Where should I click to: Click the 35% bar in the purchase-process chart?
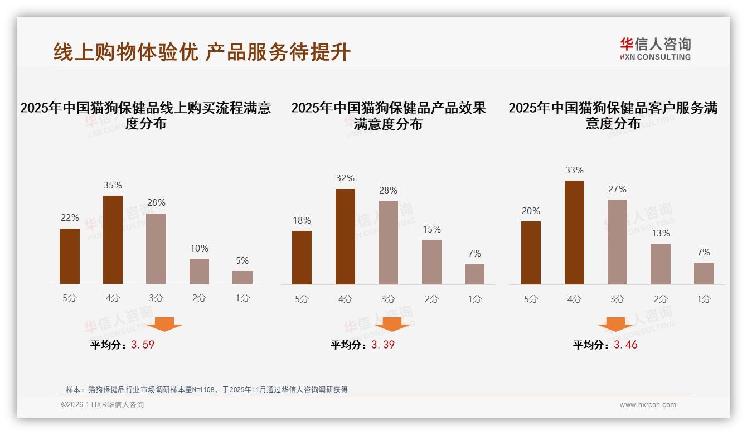tap(113, 240)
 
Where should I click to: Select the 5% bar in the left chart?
tap(242, 277)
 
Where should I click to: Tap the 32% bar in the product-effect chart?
tap(345, 236)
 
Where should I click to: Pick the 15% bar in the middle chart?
tap(431, 262)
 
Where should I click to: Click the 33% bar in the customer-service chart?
tap(574, 233)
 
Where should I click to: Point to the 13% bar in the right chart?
tap(661, 264)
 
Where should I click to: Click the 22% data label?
tap(70, 217)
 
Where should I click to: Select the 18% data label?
tap(302, 220)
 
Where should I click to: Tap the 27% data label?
tap(617, 189)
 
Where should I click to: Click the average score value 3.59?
tap(143, 345)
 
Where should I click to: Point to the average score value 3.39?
tap(383, 345)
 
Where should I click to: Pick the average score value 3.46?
tap(625, 345)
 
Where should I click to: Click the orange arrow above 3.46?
tap(615, 325)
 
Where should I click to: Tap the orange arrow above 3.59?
tap(164, 324)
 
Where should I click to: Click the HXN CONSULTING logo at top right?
tap(656, 49)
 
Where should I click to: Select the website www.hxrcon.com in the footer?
tap(648, 405)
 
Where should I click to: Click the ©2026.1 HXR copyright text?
tap(102, 405)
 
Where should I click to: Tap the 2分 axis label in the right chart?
tap(661, 299)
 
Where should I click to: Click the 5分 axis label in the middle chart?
tap(302, 299)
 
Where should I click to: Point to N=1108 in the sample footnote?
tap(204, 389)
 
